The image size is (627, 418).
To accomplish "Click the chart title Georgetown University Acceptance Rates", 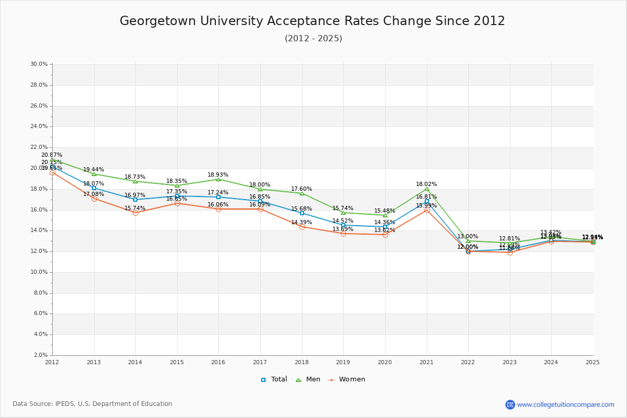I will pos(312,21).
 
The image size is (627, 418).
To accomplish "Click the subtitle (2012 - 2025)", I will pos(313,39).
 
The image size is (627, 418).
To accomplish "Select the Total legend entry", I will pos(274,379).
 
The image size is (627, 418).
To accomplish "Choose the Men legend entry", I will pos(309,379).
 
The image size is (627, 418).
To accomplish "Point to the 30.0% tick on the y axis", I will pos(39,64).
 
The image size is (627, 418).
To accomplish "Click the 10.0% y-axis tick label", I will pos(39,272).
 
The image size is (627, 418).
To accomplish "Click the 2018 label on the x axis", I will pos(301,362).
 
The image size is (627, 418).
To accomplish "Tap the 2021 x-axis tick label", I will pos(426,362).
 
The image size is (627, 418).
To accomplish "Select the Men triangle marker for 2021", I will pos(427,189).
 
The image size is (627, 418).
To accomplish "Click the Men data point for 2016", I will pos(218,179).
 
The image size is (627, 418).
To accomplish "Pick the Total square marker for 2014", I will pos(135,200).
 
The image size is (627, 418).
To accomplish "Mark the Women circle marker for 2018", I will pos(302,227).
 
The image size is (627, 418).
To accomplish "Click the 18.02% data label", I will pos(426,184).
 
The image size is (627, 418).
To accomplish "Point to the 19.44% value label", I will pos(94,170).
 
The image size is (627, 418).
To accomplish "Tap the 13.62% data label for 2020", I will pos(385,230).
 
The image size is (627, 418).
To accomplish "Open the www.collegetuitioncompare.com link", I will pos(565,404).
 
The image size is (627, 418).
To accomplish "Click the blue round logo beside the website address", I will pos(510,404).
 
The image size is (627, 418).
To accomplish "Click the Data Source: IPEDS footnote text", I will pos(92,404).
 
